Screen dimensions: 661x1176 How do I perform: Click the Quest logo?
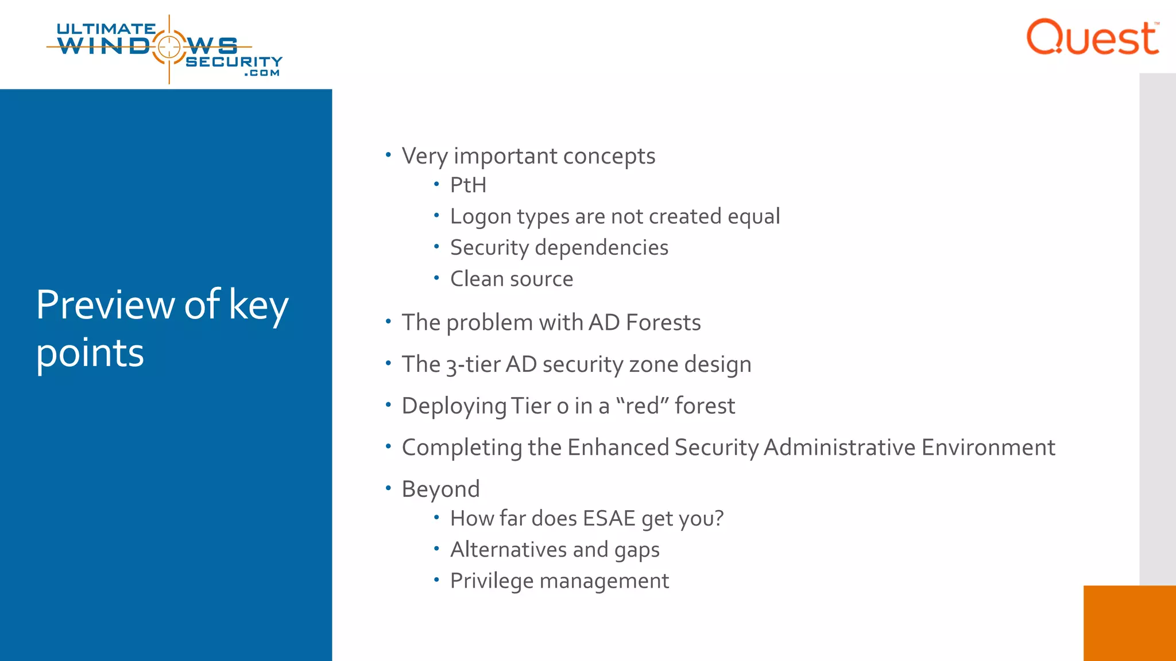coord(1092,38)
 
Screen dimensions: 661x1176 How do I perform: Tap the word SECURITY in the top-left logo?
coord(234,61)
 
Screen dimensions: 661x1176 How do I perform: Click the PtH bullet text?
coord(468,185)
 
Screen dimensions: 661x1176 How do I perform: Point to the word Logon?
coord(481,217)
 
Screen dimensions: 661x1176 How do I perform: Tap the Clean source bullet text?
coord(511,279)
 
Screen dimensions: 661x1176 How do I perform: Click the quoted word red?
coord(643,406)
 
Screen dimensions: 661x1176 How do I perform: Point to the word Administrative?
coord(840,448)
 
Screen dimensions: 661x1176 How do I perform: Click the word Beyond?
coord(440,489)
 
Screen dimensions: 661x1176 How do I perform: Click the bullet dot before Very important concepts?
coord(388,155)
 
